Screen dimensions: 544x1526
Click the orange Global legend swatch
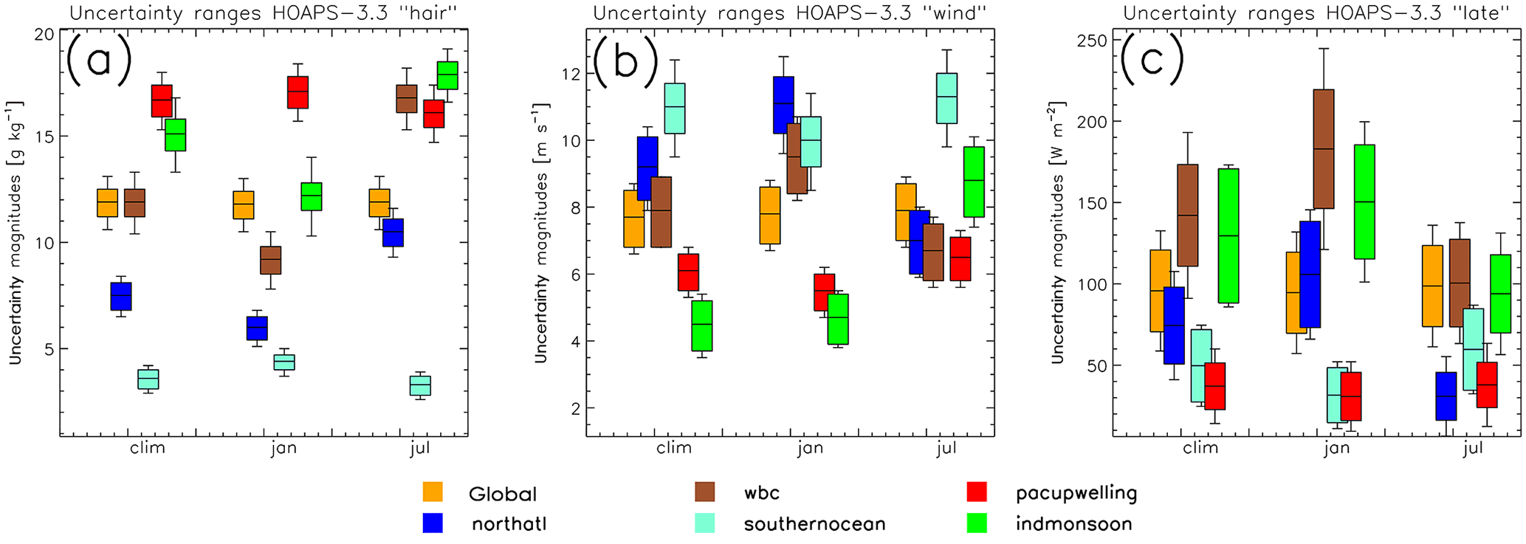433,492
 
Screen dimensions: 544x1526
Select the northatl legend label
509,524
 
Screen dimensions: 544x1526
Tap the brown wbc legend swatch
706,492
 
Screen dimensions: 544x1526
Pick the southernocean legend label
814,524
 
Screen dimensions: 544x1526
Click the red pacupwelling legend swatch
977,492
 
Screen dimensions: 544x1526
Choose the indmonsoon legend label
1073,524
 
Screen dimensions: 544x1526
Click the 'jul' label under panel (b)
946,448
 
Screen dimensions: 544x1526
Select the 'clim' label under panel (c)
1200,448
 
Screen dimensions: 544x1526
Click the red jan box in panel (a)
298,92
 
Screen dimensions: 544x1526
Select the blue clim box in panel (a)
121,296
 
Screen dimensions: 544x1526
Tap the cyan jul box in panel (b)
946,98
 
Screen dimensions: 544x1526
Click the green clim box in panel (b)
702,326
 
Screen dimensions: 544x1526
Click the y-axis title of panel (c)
1057,232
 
